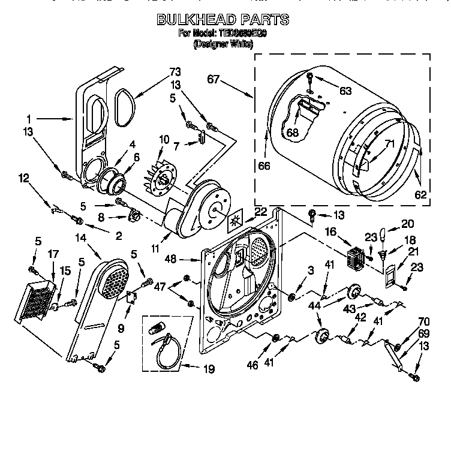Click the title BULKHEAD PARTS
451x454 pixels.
223,20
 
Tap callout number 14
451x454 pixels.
80,237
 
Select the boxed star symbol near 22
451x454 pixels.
234,222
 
